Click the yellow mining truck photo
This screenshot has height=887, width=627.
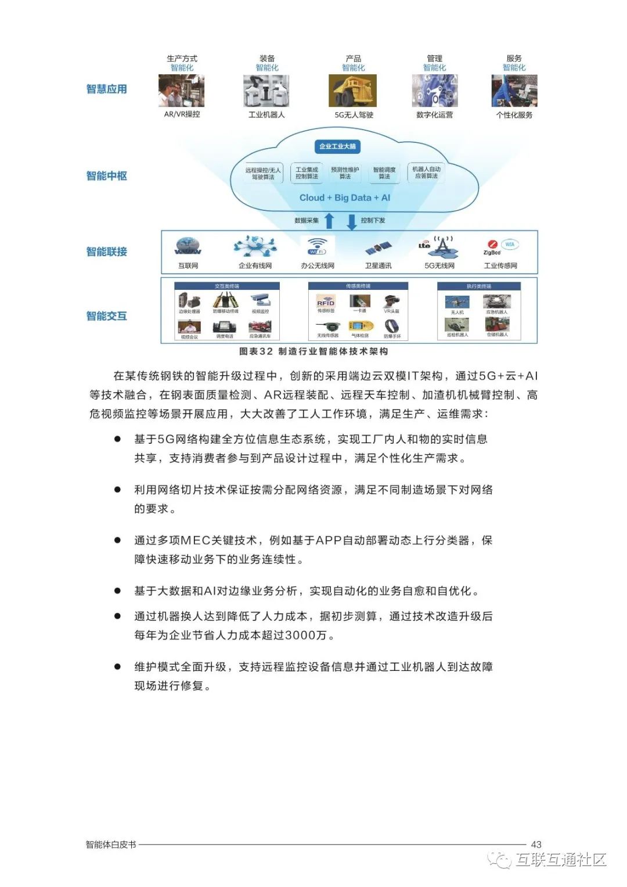[x=353, y=91]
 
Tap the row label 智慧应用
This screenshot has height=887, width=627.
[x=106, y=89]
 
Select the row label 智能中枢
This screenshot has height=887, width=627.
[x=106, y=175]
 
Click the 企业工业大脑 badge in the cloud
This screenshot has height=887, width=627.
[x=337, y=146]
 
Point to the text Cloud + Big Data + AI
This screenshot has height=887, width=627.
[x=344, y=197]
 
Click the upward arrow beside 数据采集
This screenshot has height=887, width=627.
[x=329, y=221]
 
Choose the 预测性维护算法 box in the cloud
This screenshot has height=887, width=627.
[x=345, y=173]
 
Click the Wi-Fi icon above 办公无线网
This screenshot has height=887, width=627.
[x=317, y=246]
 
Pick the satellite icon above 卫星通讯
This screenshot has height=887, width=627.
[x=378, y=249]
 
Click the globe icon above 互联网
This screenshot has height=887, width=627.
[x=188, y=246]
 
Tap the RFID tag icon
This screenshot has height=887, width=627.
[x=326, y=301]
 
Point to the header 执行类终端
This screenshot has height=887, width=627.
[x=479, y=286]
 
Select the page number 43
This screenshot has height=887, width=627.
[x=536, y=844]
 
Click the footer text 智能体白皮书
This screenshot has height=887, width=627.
[x=111, y=844]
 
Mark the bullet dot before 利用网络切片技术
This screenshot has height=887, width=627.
[x=117, y=490]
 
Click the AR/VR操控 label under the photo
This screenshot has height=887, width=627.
[x=182, y=114]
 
